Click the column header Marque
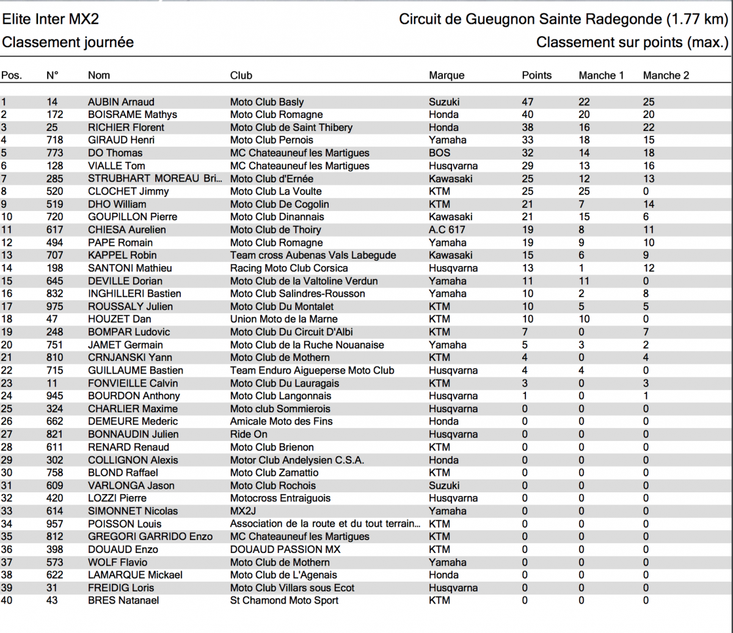tap(447, 76)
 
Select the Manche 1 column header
tap(601, 76)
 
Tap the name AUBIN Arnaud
tap(121, 102)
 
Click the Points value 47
tap(527, 102)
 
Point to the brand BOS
tap(439, 153)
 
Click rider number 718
tap(54, 140)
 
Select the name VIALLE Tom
tap(116, 166)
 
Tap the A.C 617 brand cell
tap(447, 230)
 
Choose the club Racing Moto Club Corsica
tap(289, 268)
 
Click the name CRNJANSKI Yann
tap(130, 357)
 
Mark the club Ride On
tap(249, 434)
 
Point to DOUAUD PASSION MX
tap(285, 549)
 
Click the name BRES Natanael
tap(123, 601)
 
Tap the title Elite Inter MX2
tap(50, 20)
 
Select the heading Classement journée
tap(68, 43)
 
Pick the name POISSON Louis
tap(125, 524)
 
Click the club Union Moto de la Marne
tap(283, 319)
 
